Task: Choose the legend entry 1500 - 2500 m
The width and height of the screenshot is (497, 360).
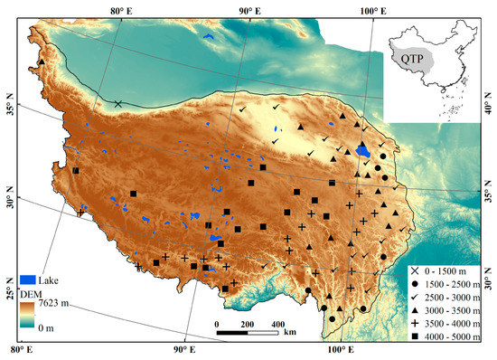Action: point(448,283)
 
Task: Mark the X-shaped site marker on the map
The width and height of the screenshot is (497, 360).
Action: point(118,104)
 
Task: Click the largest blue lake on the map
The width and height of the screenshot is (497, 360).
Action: point(363,150)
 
